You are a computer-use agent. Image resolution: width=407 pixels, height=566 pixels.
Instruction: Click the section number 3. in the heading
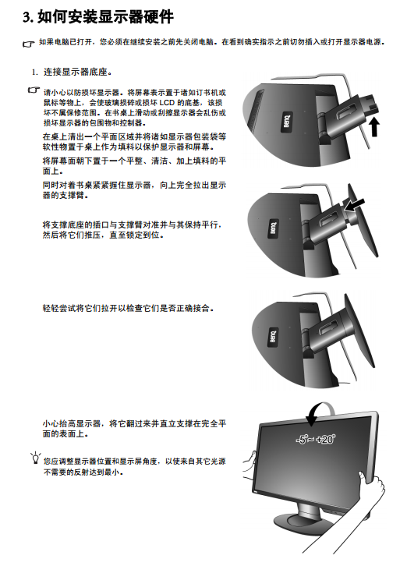pyautogui.click(x=28, y=17)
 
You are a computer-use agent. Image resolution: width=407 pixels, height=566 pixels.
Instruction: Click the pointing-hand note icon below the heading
pyautogui.click(x=29, y=44)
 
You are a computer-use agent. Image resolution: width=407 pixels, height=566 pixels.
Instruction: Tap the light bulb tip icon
pyautogui.click(x=35, y=458)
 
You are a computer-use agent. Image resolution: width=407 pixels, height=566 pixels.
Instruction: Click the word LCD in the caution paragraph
pyautogui.click(x=167, y=103)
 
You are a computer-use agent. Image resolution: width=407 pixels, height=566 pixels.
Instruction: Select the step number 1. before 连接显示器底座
pyautogui.click(x=35, y=73)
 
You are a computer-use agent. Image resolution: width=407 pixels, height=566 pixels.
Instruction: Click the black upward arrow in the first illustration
pyautogui.click(x=374, y=126)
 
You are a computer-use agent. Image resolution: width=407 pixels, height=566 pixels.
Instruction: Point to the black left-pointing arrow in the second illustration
pyautogui.click(x=354, y=205)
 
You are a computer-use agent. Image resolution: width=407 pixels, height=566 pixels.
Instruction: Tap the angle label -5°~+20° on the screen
pyautogui.click(x=316, y=439)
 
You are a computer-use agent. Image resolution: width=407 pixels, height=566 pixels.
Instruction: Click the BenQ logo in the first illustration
pyautogui.click(x=287, y=121)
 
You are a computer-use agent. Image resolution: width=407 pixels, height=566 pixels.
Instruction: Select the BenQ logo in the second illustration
pyautogui.click(x=274, y=228)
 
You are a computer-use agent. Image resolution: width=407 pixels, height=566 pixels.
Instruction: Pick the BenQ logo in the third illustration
pyautogui.click(x=273, y=337)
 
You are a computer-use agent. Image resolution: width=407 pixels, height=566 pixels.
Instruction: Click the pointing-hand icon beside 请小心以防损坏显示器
pyautogui.click(x=34, y=90)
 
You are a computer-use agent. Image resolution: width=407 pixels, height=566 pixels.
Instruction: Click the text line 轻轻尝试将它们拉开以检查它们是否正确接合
pyautogui.click(x=128, y=308)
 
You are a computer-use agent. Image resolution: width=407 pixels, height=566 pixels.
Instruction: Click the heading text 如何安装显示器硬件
pyautogui.click(x=106, y=17)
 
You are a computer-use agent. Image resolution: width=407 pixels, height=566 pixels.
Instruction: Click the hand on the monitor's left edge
pyautogui.click(x=250, y=465)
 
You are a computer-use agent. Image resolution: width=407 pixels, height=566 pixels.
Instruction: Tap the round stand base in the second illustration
pyautogui.click(x=363, y=220)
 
